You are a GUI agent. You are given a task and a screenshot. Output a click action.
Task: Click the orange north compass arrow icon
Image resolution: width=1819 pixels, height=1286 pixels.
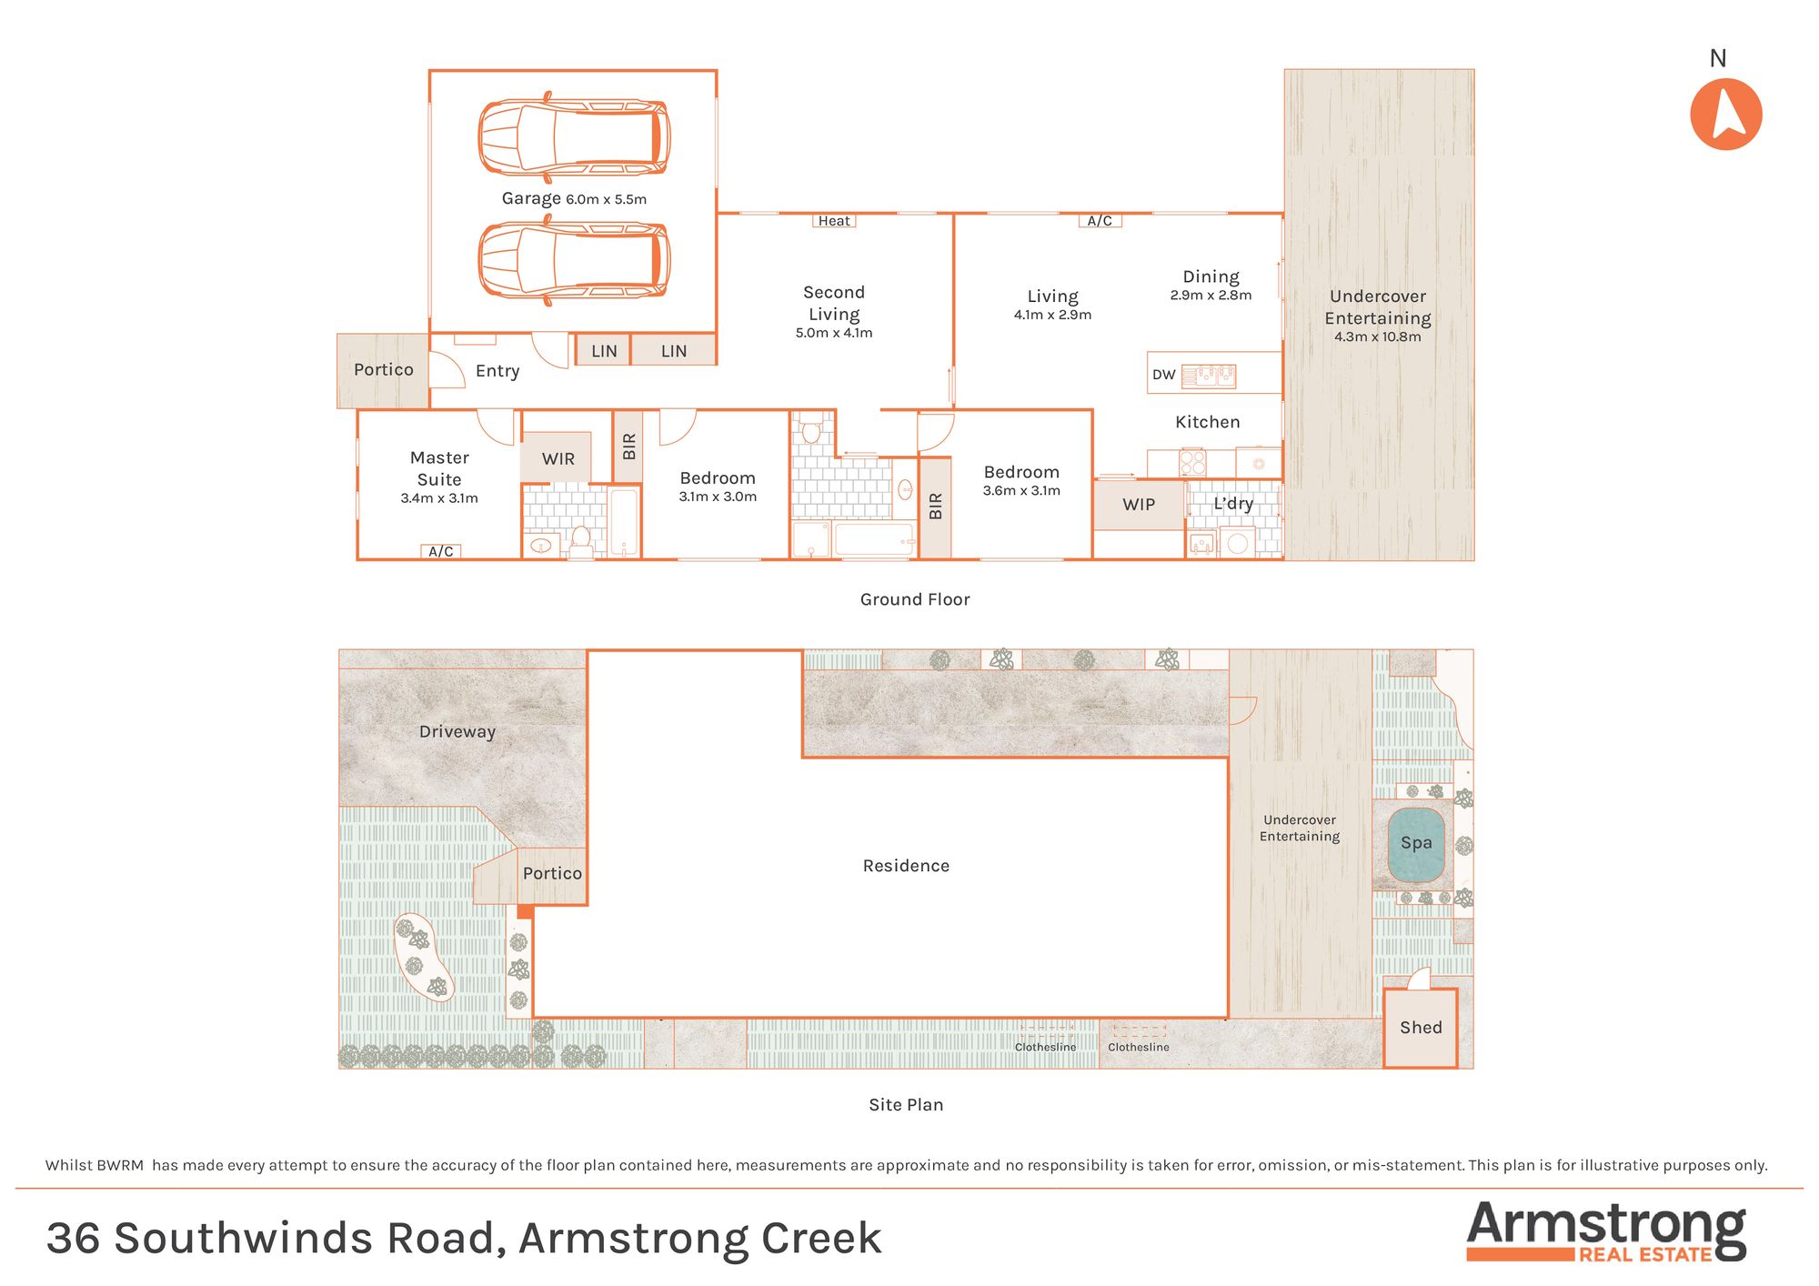pyautogui.click(x=1725, y=114)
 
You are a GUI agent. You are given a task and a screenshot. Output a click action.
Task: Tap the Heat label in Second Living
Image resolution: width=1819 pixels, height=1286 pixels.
pyautogui.click(x=834, y=221)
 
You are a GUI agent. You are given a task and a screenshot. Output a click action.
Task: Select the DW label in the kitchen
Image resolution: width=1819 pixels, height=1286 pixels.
pyautogui.click(x=1163, y=375)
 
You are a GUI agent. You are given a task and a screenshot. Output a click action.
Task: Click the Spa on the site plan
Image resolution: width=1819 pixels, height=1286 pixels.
pyautogui.click(x=1416, y=843)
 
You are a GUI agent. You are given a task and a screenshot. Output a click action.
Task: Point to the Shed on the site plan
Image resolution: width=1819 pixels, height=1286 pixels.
pyautogui.click(x=1421, y=1028)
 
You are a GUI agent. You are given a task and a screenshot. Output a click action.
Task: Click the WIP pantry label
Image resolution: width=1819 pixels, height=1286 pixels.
pyautogui.click(x=1139, y=505)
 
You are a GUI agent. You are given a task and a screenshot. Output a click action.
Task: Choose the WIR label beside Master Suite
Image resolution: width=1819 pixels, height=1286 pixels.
pyautogui.click(x=558, y=459)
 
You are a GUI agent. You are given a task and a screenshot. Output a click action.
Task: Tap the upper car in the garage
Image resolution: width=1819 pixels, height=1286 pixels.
pyautogui.click(x=574, y=136)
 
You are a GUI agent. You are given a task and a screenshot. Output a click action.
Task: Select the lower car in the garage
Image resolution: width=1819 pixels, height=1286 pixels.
pyautogui.click(x=574, y=261)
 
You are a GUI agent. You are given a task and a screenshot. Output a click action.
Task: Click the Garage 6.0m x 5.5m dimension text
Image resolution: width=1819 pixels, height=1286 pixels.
pyautogui.click(x=606, y=199)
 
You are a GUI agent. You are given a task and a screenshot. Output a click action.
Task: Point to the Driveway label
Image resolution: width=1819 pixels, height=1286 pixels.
pyautogui.click(x=457, y=732)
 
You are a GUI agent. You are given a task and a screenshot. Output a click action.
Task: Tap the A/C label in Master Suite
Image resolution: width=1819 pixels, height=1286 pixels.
pyautogui.click(x=441, y=551)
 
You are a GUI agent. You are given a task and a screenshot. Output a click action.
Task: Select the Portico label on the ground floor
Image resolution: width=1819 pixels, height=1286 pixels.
pyautogui.click(x=383, y=370)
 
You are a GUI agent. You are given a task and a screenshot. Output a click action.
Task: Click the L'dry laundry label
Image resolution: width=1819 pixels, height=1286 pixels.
pyautogui.click(x=1233, y=504)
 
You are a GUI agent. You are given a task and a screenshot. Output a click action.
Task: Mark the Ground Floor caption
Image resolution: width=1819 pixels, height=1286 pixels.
pyautogui.click(x=915, y=599)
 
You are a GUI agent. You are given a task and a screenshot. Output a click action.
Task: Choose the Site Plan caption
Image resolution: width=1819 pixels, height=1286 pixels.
pyautogui.click(x=906, y=1105)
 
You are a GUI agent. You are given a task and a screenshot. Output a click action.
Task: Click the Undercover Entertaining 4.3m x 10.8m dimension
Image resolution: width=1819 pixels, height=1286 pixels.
pyautogui.click(x=1377, y=337)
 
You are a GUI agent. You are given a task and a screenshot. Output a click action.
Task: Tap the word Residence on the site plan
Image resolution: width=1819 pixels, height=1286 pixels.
pyautogui.click(x=906, y=866)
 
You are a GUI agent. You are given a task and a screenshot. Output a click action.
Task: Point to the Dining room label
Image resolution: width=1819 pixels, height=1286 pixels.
pyautogui.click(x=1211, y=276)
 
